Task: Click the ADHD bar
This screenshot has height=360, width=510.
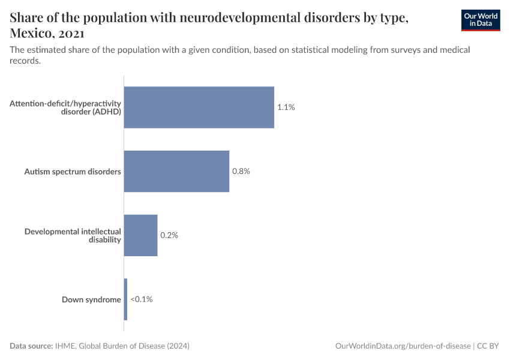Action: pos(199,107)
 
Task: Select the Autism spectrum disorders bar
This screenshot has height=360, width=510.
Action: pos(176,171)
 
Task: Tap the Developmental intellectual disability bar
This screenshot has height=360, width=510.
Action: pos(140,235)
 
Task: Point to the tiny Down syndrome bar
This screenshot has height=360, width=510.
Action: pos(125,299)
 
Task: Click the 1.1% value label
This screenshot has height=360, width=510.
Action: pos(286,107)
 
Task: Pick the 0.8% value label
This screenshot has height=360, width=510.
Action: pos(241,171)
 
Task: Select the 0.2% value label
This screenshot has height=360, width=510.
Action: pos(169,235)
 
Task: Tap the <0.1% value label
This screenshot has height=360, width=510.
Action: pos(142,299)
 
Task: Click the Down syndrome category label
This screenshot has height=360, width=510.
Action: pos(91,299)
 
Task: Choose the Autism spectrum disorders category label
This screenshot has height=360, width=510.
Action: pos(73,172)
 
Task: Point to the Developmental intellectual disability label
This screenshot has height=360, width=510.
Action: pos(73,235)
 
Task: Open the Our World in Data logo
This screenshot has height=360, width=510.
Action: pos(481,20)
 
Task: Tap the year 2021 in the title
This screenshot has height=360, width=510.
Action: pos(71,33)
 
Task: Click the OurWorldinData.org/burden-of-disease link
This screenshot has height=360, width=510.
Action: pos(402,346)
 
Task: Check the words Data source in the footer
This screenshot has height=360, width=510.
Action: pos(31,346)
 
